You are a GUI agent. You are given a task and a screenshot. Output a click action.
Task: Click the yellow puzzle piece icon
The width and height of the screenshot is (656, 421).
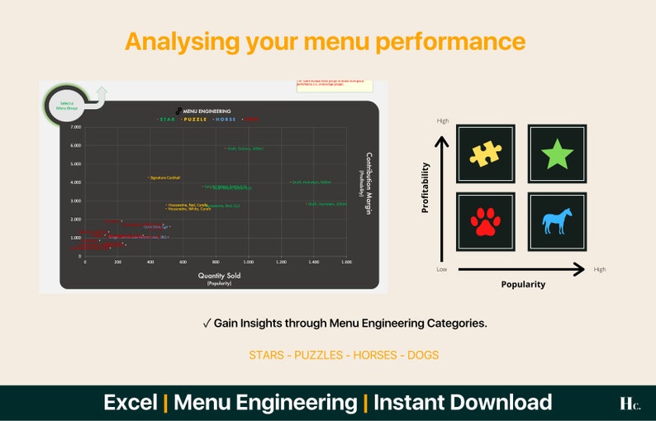click(486, 154)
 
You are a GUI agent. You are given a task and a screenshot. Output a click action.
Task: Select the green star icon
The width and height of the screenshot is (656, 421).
click(557, 154)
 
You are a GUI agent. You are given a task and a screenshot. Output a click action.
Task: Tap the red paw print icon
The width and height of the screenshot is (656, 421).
click(486, 221)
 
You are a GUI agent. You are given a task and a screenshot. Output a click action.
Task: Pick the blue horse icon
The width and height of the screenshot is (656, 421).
click(557, 221)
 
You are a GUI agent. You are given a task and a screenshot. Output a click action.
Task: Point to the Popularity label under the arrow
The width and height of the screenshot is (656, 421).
click(522, 284)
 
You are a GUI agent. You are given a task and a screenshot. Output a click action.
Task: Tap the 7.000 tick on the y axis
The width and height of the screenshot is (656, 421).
click(76, 128)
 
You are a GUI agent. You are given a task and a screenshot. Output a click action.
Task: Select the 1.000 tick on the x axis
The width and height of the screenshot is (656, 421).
click(248, 262)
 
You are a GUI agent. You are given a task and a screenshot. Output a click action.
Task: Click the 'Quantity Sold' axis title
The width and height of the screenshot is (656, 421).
click(218, 275)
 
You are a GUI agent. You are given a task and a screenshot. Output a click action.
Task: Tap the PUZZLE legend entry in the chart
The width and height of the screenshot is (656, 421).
click(195, 119)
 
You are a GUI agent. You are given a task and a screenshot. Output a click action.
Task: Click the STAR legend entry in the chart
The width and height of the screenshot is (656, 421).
click(168, 119)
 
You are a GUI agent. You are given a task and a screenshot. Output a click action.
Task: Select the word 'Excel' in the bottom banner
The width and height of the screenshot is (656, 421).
click(130, 403)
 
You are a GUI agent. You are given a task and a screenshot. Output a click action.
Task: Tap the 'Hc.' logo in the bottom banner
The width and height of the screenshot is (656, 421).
click(629, 403)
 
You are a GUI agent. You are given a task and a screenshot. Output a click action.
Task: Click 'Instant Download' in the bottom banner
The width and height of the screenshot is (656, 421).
click(463, 403)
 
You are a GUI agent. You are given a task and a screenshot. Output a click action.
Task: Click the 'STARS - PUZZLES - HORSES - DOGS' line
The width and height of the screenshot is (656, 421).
click(344, 355)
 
